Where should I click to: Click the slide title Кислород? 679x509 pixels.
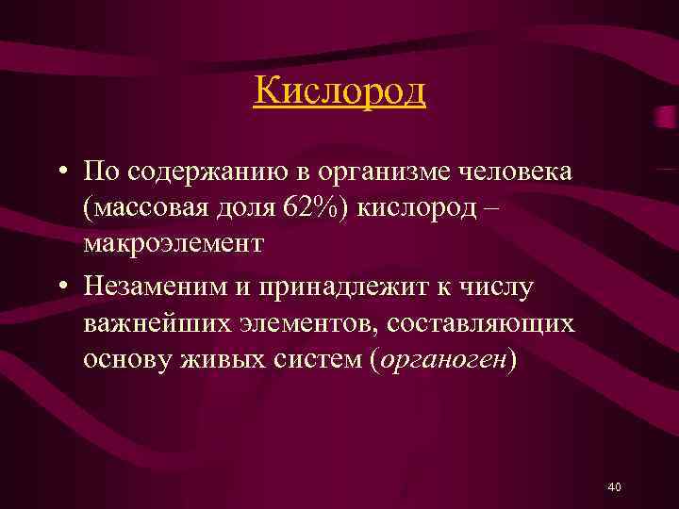[339, 91]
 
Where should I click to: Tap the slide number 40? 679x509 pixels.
[614, 486]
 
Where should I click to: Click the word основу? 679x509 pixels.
[123, 362]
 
